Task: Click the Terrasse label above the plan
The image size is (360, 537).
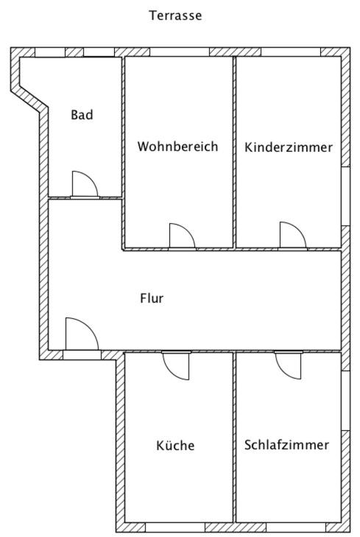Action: point(175,15)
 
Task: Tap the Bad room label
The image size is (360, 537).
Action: point(82,114)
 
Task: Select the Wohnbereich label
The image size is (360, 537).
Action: point(177,147)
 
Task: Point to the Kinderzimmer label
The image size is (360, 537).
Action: point(288,147)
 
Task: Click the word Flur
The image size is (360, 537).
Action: point(152,298)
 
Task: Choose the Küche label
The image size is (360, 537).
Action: point(175,445)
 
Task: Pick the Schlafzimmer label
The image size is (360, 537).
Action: point(286,444)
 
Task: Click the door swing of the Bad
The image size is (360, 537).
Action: point(85,184)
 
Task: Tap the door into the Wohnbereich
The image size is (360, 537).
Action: point(183,236)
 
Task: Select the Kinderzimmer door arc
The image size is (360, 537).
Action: point(293,234)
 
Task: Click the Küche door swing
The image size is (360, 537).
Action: point(176,366)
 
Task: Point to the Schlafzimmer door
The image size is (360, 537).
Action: point(288,365)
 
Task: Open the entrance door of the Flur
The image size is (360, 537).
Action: point(82,334)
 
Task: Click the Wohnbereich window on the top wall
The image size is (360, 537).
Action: point(180,52)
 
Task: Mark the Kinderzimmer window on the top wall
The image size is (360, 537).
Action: point(291,52)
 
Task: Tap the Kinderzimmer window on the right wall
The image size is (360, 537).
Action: point(345,196)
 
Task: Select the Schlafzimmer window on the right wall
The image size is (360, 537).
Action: point(345,401)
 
